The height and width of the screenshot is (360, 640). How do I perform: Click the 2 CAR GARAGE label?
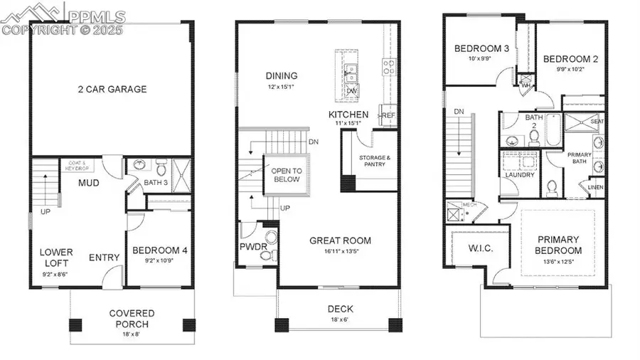[x=112, y=89]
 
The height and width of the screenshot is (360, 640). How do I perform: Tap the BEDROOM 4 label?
[x=160, y=250]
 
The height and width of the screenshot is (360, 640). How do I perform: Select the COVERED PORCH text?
[x=132, y=318]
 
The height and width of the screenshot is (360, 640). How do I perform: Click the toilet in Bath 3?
[x=161, y=169]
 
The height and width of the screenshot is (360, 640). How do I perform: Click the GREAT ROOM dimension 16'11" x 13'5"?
[x=340, y=251]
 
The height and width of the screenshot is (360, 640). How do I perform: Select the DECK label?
[x=341, y=309]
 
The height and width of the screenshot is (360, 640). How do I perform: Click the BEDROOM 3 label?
[x=481, y=48]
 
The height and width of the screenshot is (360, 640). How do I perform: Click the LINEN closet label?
[x=595, y=187]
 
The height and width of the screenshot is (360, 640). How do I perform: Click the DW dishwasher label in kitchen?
[x=352, y=92]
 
